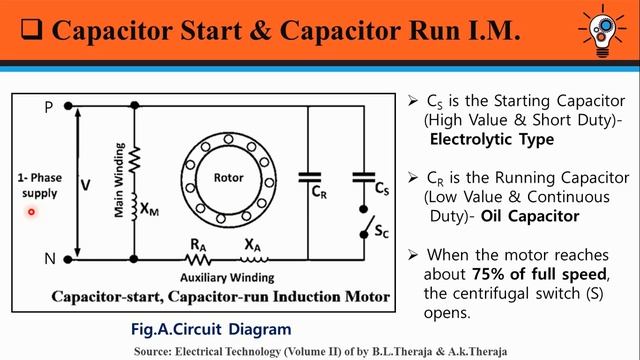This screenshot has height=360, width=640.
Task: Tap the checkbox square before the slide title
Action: [x=29, y=31]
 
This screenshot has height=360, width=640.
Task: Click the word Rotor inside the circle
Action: [x=229, y=178]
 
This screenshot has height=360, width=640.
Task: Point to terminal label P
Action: [x=49, y=106]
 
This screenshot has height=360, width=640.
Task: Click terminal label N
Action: [x=49, y=257]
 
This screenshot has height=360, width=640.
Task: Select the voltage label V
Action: [x=85, y=185]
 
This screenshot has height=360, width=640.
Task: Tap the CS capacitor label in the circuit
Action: [x=381, y=189]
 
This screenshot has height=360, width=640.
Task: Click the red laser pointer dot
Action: [x=32, y=211]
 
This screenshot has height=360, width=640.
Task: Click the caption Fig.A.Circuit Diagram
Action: [x=211, y=328]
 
